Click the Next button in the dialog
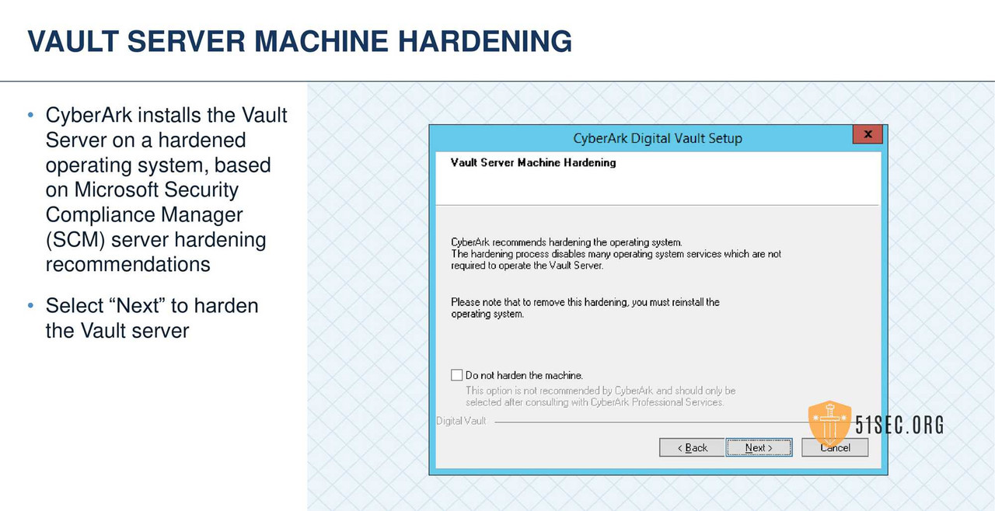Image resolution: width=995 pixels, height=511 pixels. [x=759, y=447]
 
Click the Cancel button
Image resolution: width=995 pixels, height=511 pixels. [x=835, y=447]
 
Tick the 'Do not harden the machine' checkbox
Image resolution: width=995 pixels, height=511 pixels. [x=457, y=375]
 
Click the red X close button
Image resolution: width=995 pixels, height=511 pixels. [x=868, y=134]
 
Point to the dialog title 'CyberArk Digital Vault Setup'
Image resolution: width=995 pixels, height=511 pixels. [x=658, y=138]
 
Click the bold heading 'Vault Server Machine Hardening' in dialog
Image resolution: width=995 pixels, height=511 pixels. [x=533, y=162]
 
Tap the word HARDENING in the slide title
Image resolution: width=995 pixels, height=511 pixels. [x=485, y=41]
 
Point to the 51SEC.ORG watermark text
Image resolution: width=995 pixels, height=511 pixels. [x=899, y=425]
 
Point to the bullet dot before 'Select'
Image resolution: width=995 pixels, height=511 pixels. [x=30, y=305]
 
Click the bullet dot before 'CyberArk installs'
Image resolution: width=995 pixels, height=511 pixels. [x=30, y=115]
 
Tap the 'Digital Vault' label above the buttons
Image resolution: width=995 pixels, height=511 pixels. [x=461, y=421]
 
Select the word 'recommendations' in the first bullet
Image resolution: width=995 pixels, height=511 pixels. [x=127, y=264]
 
